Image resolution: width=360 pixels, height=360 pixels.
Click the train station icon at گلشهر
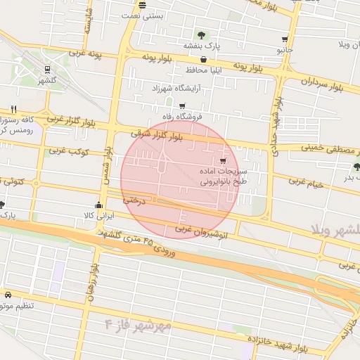[47, 70]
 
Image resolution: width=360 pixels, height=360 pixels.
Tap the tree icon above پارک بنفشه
[202, 34]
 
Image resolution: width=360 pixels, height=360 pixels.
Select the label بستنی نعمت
[143, 14]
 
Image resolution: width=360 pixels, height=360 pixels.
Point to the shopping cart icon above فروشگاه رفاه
[182, 106]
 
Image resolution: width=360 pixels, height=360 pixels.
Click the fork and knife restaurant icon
[13, 109]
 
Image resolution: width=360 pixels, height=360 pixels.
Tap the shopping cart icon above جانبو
[284, 39]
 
